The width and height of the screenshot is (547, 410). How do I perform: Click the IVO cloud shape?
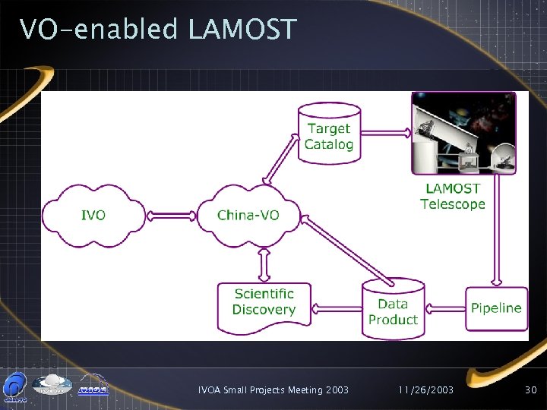pyautogui.click(x=93, y=215)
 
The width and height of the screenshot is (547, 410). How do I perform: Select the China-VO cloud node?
pyautogui.click(x=248, y=215)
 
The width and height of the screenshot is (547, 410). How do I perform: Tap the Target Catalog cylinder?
pyautogui.click(x=329, y=137)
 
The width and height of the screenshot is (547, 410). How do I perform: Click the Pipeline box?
pyautogui.click(x=496, y=308)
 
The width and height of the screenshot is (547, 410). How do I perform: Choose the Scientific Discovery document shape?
pyautogui.click(x=264, y=302)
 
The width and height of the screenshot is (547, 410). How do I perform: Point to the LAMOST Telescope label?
pyautogui.click(x=453, y=196)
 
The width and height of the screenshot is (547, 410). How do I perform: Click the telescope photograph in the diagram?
pyautogui.click(x=463, y=134)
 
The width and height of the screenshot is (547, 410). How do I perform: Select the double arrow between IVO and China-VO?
pyautogui.click(x=171, y=215)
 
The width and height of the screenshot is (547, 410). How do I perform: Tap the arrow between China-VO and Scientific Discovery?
pyautogui.click(x=264, y=265)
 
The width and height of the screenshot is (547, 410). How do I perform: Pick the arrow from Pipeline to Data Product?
pyautogui.click(x=444, y=308)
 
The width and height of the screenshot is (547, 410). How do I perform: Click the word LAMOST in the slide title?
pyautogui.click(x=242, y=30)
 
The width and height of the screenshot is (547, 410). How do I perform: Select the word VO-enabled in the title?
pyautogui.click(x=99, y=30)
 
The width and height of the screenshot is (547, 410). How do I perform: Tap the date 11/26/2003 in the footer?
pyautogui.click(x=425, y=390)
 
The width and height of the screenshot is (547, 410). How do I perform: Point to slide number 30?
pyautogui.click(x=530, y=390)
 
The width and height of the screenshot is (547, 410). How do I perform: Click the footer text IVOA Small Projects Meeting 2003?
pyautogui.click(x=273, y=390)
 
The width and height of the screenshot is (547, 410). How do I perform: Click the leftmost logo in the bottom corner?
pyautogui.click(x=15, y=386)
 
